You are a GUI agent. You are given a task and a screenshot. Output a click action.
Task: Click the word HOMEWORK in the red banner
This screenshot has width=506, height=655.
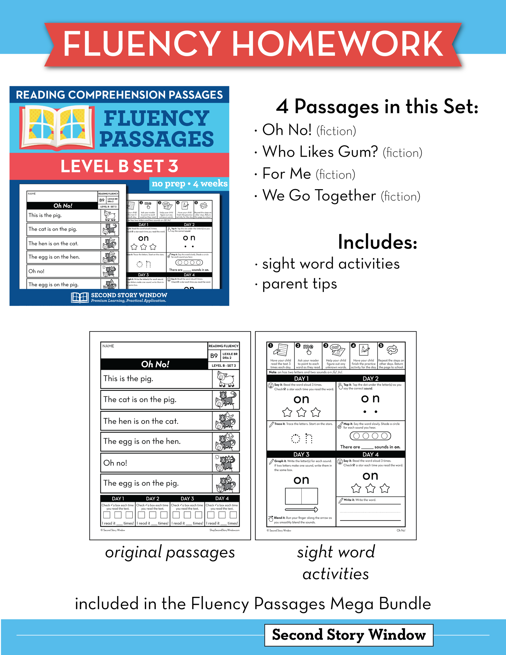tap(337, 44)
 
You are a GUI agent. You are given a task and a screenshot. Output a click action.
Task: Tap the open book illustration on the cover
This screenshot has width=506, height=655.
tap(57, 127)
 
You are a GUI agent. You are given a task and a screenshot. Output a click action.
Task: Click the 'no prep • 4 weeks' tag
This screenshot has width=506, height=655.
tap(190, 184)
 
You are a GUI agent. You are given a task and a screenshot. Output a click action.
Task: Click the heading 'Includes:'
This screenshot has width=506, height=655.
tap(378, 242)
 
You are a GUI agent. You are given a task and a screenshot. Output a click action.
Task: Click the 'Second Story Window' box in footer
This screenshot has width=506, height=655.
tap(349, 635)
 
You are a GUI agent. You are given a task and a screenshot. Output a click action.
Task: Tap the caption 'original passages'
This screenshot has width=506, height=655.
tap(170, 552)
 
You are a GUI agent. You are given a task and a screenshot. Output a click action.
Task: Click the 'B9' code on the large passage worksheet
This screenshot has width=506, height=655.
tap(214, 356)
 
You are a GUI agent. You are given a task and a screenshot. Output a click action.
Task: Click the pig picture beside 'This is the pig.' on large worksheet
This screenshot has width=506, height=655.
tap(225, 379)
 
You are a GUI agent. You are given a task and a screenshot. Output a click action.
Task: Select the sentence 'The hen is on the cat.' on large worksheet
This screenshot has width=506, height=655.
tap(141, 421)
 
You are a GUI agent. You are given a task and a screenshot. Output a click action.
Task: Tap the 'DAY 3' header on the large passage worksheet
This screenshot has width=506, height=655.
tap(187, 498)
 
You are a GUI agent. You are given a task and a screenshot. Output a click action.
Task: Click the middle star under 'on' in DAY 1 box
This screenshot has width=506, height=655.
tap(301, 412)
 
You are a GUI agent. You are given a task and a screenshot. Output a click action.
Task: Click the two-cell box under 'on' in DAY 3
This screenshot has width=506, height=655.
tap(301, 496)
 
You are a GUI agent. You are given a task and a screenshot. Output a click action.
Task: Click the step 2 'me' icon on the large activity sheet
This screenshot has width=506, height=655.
tap(308, 349)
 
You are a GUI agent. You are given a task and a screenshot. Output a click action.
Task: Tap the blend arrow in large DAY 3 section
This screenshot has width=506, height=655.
tap(301, 509)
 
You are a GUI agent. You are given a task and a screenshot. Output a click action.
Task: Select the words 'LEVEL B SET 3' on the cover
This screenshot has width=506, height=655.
tap(119, 166)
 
